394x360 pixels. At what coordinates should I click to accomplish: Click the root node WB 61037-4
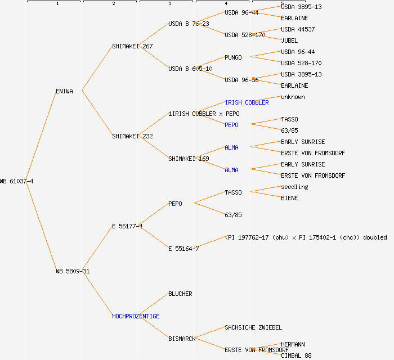coord(17,181)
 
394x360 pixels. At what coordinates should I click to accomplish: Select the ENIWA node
coord(64,91)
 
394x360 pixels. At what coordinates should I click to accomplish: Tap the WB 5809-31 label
coord(73,271)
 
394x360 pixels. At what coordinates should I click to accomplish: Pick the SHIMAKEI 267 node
coord(132,46)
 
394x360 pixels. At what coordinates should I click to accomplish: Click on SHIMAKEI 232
coord(132,136)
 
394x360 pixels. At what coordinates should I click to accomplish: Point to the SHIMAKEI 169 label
coord(189,159)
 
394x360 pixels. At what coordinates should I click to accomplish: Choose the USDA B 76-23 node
coord(189,24)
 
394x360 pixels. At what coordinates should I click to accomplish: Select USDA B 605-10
coord(190,69)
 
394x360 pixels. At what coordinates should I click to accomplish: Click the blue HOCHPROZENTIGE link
coord(136,316)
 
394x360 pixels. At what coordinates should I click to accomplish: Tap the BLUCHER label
coord(180,294)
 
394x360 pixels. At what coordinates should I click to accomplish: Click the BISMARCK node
coord(182,339)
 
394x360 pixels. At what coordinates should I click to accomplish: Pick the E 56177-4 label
coord(127,226)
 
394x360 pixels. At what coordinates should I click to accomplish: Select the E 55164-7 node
coord(183,249)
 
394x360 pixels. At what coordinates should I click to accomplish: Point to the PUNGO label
coord(233,57)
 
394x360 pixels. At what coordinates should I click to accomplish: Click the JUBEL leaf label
coord(289,40)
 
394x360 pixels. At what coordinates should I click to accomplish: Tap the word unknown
coord(293,97)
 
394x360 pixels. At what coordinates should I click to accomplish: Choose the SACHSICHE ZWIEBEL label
coord(253,327)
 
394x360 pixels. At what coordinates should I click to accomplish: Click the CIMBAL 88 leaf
coord(296,355)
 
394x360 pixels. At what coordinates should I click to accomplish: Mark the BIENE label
coord(289,198)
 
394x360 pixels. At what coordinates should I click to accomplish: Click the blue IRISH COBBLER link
coord(247,102)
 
